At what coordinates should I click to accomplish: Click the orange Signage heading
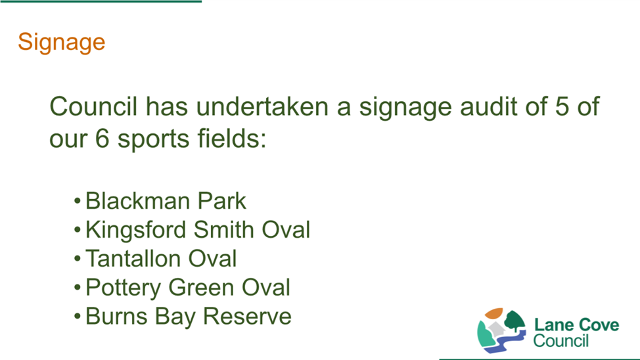pyautogui.click(x=62, y=43)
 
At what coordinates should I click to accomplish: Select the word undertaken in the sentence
pyautogui.click(x=262, y=106)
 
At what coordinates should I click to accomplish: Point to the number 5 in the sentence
pyautogui.click(x=562, y=106)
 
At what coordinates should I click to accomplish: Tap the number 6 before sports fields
pyautogui.click(x=102, y=139)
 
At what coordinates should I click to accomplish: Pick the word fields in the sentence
pyautogui.click(x=231, y=138)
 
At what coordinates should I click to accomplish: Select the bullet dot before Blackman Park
pyautogui.click(x=77, y=201)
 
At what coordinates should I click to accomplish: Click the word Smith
pyautogui.click(x=224, y=230)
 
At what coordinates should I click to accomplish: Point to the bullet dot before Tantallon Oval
pyautogui.click(x=77, y=259)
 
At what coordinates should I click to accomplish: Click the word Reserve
pyautogui.click(x=247, y=317)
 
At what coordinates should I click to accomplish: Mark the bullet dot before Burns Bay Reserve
pyautogui.click(x=77, y=317)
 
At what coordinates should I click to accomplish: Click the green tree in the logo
pyautogui.click(x=514, y=321)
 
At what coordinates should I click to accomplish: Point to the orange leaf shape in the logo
pyautogui.click(x=494, y=313)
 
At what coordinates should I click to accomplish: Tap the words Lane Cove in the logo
pyautogui.click(x=576, y=325)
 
